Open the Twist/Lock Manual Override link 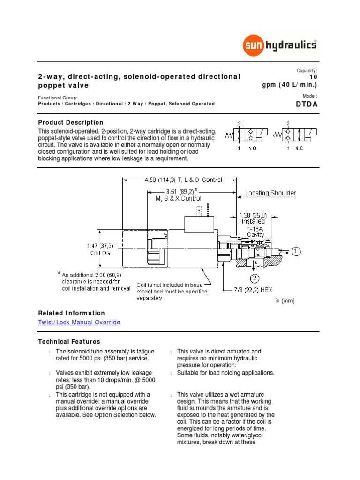(79, 322)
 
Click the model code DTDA (307, 105)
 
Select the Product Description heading (71, 122)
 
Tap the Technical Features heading (69, 342)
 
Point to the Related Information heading (71, 313)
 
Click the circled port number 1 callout (296, 251)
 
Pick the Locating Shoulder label (271, 193)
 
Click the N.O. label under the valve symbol (253, 148)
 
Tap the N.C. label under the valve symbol (300, 148)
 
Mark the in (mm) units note (285, 301)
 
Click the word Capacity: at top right (307, 70)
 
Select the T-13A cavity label (255, 231)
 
